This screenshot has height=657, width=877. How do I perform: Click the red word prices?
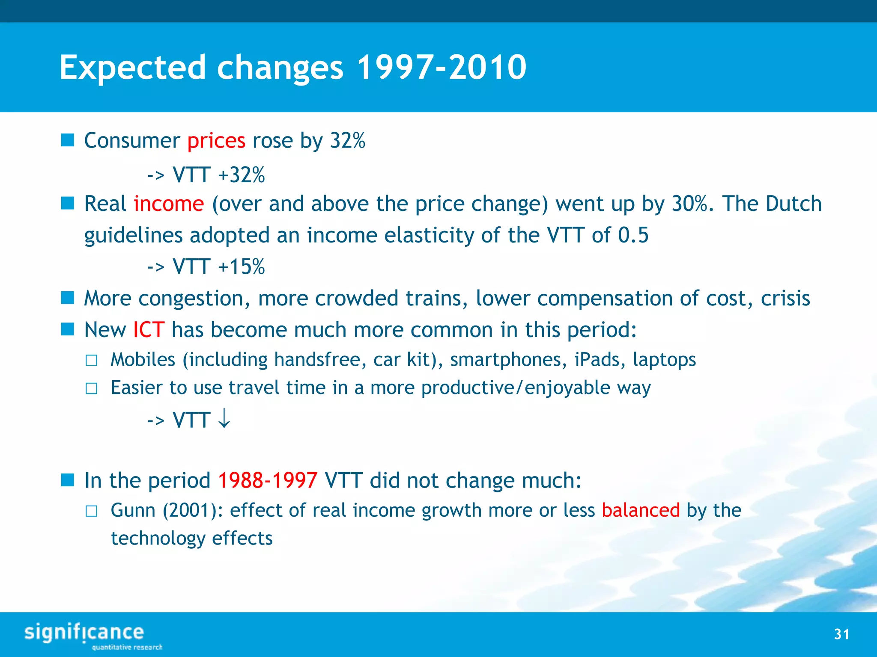tap(216, 141)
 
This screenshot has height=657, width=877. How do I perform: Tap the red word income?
tap(169, 204)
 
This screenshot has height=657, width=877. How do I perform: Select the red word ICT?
tap(149, 330)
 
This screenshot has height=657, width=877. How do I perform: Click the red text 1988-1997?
tap(268, 480)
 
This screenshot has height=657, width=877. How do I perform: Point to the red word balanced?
tap(641, 510)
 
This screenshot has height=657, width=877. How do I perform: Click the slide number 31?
tap(841, 634)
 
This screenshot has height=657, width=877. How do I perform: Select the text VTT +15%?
tap(218, 267)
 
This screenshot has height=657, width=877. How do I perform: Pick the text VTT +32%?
tap(218, 175)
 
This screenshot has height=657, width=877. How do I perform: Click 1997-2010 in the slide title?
tap(441, 68)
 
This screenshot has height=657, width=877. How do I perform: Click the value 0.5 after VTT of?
tap(633, 235)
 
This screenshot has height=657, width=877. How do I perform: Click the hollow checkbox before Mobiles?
tap(91, 361)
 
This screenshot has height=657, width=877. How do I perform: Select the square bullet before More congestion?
tap(68, 298)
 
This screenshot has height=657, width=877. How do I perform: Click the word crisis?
tap(785, 298)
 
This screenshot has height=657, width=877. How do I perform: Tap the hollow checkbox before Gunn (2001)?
tap(91, 511)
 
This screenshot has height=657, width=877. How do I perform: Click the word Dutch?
tap(793, 204)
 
